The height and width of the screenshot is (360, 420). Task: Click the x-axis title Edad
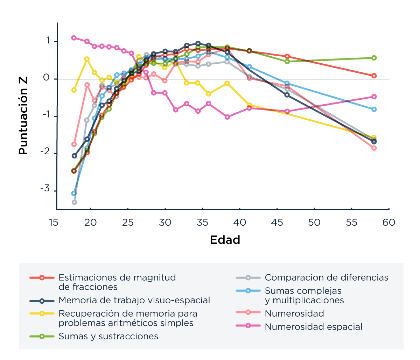[225, 240]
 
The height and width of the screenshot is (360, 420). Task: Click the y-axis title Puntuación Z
[23, 116]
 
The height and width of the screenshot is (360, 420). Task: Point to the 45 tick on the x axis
[277, 223]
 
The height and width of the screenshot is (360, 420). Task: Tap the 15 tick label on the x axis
[54, 223]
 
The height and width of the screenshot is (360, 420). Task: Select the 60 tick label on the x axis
[389, 223]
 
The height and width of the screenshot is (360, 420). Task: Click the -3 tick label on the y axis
[45, 189]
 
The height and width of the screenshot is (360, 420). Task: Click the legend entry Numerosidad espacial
[313, 327]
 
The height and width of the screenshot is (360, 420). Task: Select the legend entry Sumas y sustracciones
[108, 336]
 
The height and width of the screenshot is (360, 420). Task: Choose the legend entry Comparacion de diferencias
[326, 277]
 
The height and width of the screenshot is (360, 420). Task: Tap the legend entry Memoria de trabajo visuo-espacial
[134, 300]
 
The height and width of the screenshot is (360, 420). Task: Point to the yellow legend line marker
[42, 313]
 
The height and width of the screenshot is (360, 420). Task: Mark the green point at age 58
[374, 58]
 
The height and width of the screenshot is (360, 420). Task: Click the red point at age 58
[374, 76]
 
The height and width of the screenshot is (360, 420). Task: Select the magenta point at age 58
[374, 97]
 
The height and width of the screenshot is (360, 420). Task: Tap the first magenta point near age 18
[74, 38]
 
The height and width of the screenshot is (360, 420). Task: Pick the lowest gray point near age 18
[74, 202]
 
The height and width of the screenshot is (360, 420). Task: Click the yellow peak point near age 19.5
[87, 59]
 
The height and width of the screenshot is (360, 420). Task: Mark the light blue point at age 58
[374, 109]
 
